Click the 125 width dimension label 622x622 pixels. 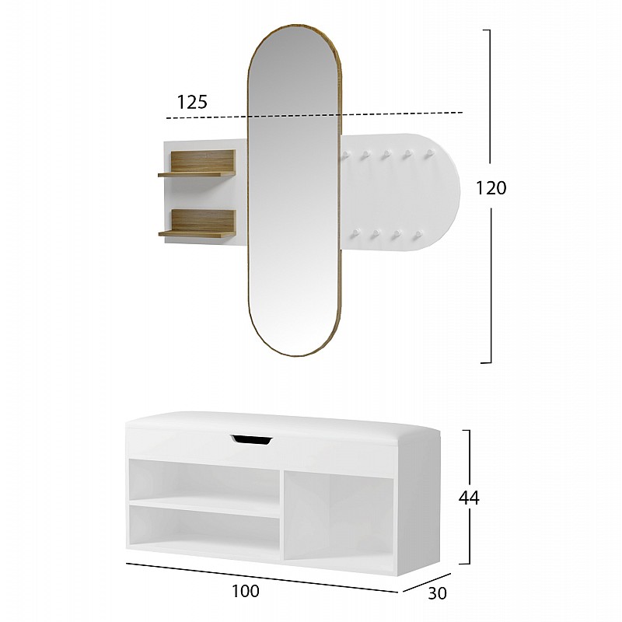point(192,103)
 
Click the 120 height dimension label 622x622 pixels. point(491,187)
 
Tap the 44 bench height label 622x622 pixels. point(469,498)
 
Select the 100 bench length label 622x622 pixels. point(246,591)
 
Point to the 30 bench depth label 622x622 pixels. point(437,593)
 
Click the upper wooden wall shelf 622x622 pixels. point(197,163)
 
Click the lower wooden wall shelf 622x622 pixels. point(197,224)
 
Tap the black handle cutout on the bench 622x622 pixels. point(251,439)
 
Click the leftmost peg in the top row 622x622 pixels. point(345,155)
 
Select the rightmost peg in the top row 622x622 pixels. point(428,154)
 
